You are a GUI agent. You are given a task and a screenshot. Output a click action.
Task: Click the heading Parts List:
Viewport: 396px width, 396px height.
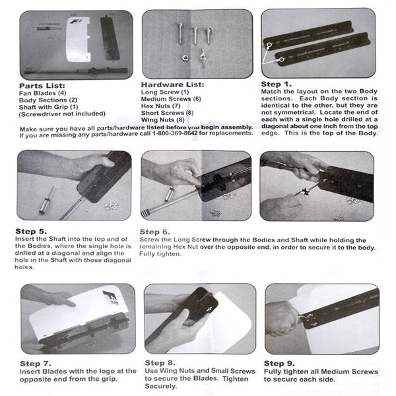pyautogui.click(x=42, y=86)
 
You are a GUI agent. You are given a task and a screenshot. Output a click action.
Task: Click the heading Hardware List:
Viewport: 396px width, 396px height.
pyautogui.click(x=172, y=84)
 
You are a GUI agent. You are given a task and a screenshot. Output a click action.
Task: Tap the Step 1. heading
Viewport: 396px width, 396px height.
pyautogui.click(x=277, y=84)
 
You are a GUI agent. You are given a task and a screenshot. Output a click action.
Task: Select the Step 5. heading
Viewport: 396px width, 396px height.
pyautogui.click(x=31, y=232)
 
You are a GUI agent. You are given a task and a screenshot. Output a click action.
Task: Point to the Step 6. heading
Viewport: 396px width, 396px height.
pyautogui.click(x=155, y=232)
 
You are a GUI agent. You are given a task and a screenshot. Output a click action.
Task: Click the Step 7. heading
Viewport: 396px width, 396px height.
pyautogui.click(x=36, y=364)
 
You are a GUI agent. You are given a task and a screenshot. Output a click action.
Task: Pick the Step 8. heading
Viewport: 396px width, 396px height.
pyautogui.click(x=160, y=363)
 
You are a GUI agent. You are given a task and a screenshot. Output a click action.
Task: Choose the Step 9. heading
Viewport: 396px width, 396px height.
pyautogui.click(x=279, y=364)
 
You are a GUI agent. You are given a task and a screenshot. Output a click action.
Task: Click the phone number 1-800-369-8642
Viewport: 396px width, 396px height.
pyautogui.click(x=175, y=133)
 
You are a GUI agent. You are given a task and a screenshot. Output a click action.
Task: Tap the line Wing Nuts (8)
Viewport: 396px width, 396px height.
pyautogui.click(x=162, y=119)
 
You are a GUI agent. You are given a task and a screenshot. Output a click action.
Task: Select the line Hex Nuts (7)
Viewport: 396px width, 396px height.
pyautogui.click(x=160, y=106)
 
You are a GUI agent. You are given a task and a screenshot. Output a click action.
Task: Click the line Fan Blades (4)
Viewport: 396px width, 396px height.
pyautogui.click(x=42, y=93)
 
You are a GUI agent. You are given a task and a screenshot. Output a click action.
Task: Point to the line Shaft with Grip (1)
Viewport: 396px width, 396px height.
pyautogui.click(x=48, y=107)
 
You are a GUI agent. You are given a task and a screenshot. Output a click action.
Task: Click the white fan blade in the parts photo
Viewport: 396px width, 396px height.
pyautogui.click(x=78, y=40)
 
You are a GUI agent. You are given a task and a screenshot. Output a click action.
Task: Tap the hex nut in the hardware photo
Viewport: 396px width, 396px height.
pyautogui.click(x=185, y=58)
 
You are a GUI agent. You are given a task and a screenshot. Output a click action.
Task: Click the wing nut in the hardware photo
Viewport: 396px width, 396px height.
pyautogui.click(x=203, y=58)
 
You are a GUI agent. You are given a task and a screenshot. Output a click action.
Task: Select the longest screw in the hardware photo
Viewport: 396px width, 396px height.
pyautogui.click(x=180, y=33)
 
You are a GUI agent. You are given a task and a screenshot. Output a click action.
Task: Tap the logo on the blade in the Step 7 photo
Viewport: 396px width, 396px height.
pyautogui.click(x=110, y=298)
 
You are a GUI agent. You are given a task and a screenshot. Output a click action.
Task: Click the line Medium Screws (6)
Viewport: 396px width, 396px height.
pyautogui.click(x=171, y=99)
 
